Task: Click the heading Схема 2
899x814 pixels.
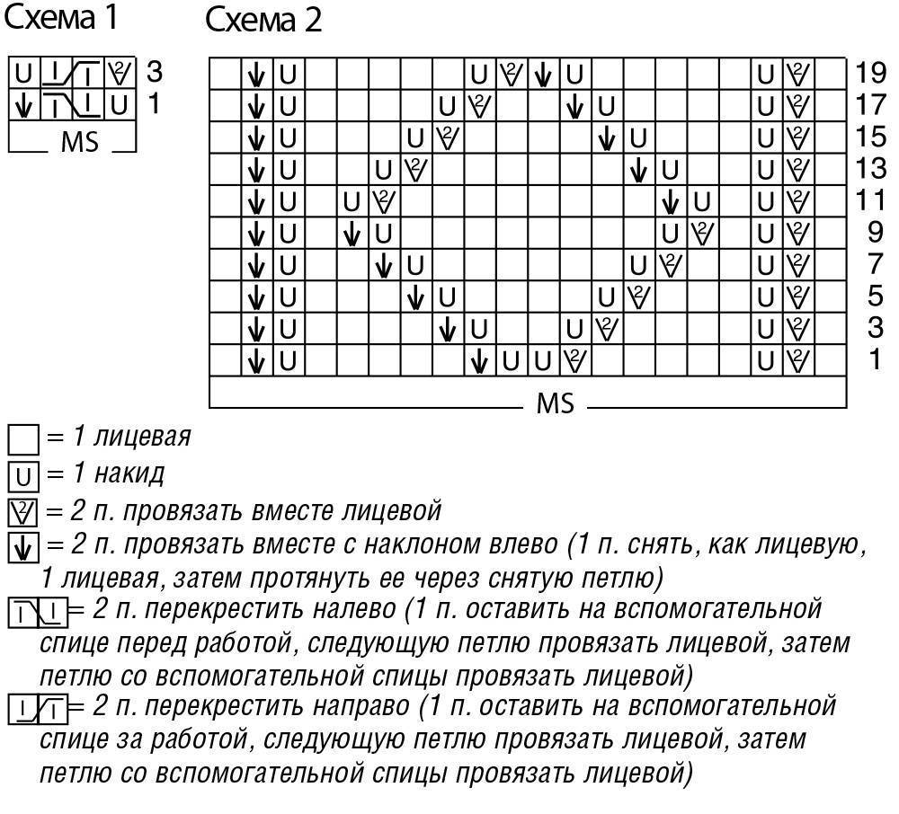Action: point(263,20)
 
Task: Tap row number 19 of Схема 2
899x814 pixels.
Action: point(870,74)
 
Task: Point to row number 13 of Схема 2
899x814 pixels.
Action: point(870,169)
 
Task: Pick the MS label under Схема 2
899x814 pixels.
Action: point(555,403)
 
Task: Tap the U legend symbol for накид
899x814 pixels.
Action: point(22,474)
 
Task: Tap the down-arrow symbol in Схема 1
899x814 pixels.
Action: point(24,106)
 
